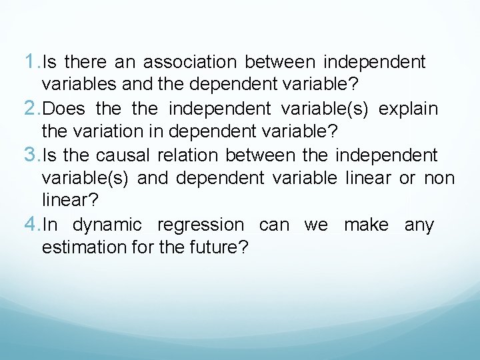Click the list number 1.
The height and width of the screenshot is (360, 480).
31,62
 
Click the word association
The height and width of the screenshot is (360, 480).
190,63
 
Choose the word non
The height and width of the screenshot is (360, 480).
439,179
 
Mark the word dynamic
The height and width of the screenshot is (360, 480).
107,226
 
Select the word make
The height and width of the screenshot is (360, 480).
366,225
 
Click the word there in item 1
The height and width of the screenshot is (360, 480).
85,63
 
